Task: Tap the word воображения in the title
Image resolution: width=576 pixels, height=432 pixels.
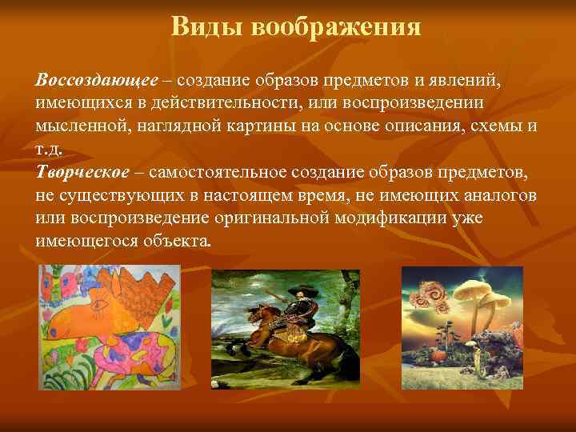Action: click(336, 27)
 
